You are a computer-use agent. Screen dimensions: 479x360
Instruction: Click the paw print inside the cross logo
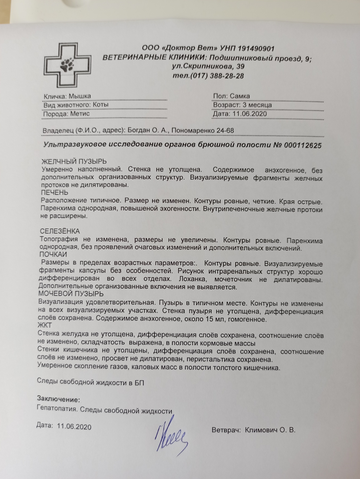click(67, 65)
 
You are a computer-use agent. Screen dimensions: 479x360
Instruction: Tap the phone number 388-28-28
click(227, 76)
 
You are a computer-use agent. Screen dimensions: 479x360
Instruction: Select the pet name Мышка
click(80, 96)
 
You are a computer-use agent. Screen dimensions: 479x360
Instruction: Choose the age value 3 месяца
click(257, 105)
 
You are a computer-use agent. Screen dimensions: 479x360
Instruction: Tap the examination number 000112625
click(303, 145)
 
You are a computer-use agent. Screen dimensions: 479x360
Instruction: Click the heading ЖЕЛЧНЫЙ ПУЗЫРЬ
click(74, 161)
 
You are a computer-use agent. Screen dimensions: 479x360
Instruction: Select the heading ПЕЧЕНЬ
click(55, 192)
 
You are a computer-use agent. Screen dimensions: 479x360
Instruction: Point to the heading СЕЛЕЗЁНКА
click(60, 231)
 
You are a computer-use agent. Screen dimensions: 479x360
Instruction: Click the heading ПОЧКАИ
click(53, 254)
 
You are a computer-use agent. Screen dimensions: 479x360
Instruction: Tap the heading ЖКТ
click(45, 325)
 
